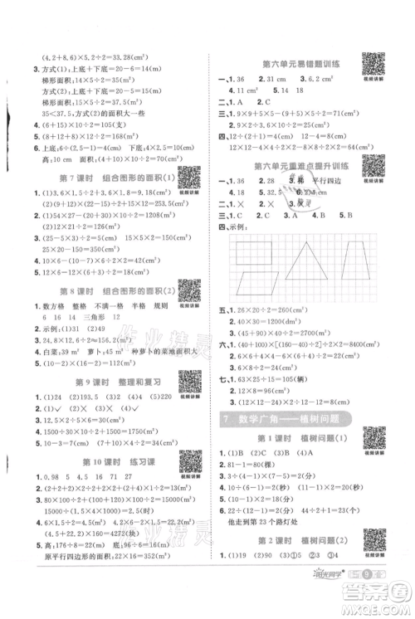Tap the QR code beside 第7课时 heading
coord(189,175)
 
